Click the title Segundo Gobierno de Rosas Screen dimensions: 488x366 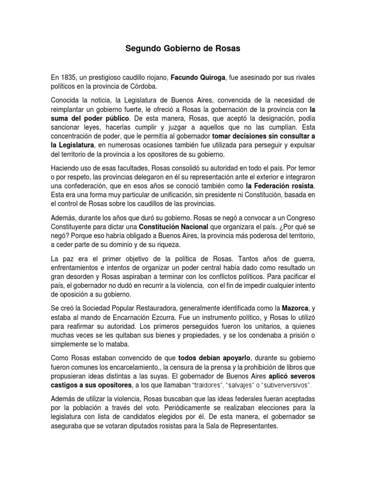[183, 48]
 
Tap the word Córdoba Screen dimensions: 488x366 [140, 86]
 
